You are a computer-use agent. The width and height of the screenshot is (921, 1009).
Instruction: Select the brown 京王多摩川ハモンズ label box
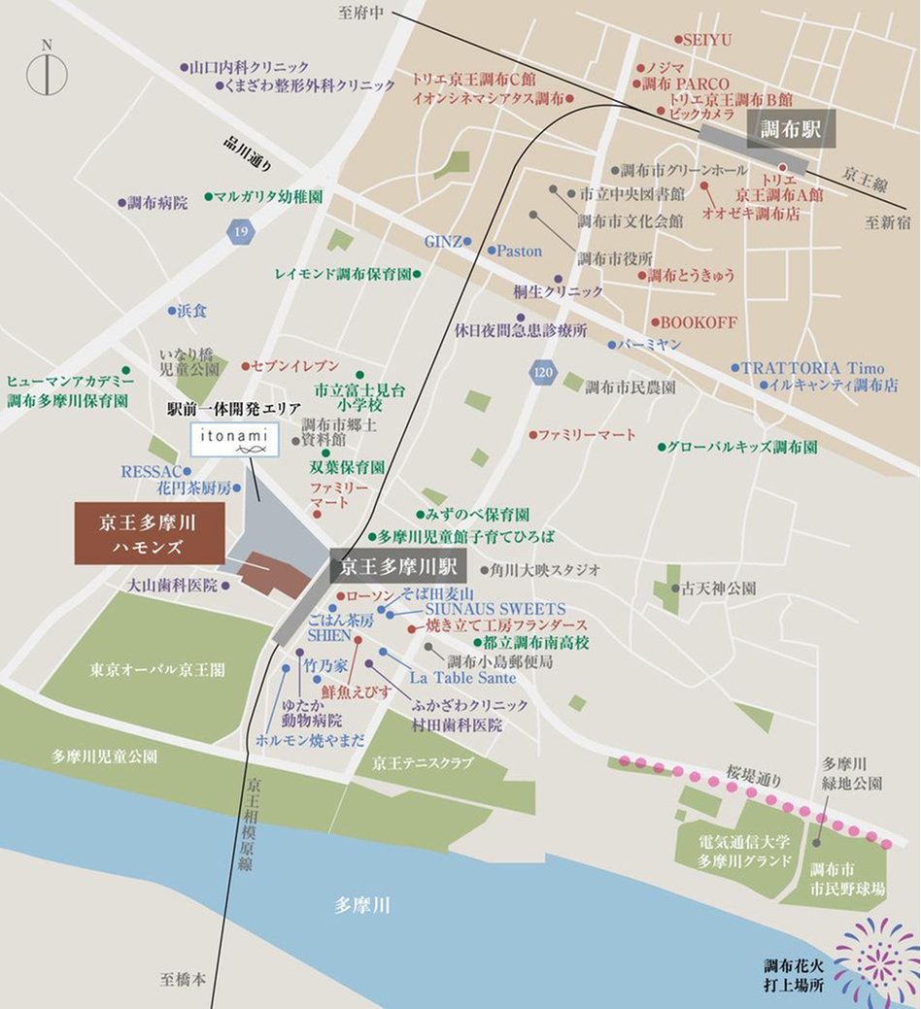click(x=150, y=533)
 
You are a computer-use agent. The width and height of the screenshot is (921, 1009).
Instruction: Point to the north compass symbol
click(x=46, y=72)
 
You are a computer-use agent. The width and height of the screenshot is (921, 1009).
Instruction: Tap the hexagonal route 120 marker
click(x=543, y=371)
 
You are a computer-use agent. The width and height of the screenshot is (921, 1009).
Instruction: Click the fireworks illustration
click(x=874, y=960)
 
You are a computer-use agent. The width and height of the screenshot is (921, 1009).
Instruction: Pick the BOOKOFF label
click(x=699, y=322)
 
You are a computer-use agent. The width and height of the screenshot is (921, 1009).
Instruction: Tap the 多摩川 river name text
click(x=361, y=905)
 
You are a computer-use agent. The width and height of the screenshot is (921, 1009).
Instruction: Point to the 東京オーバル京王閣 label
click(x=157, y=669)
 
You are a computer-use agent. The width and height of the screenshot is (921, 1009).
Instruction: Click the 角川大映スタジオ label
click(x=546, y=569)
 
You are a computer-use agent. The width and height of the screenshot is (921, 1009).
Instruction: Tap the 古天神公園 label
click(x=719, y=589)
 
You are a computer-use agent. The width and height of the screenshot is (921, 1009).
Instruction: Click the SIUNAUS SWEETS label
click(x=495, y=609)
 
